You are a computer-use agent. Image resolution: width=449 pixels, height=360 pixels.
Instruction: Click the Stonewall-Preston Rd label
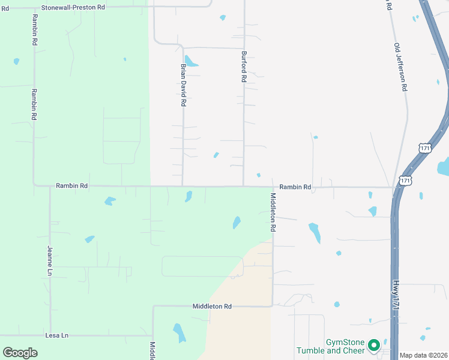coord(73,7)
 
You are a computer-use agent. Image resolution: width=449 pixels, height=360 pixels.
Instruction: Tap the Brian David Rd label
coord(183,85)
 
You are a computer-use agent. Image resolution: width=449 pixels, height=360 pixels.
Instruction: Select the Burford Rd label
coord(244,67)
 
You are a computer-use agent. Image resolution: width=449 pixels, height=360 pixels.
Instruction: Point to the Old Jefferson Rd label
coord(401,67)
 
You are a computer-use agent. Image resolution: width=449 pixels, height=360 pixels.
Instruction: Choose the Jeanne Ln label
coord(50,260)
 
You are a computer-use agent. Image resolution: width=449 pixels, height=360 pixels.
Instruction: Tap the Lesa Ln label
coord(57,335)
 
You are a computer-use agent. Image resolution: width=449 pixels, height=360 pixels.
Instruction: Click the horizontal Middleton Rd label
coord(212,306)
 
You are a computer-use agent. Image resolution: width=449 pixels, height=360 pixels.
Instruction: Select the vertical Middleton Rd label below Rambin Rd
coord(273,212)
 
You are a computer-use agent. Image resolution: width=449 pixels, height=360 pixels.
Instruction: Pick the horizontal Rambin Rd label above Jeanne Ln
coord(71,186)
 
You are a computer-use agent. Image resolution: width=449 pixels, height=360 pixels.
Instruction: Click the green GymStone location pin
coord(374,345)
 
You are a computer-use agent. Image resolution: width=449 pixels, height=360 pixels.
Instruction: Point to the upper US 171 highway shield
coord(425,148)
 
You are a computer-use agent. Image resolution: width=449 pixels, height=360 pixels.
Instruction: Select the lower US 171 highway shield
coord(406,180)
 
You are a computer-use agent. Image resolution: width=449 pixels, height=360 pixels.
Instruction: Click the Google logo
coord(20,353)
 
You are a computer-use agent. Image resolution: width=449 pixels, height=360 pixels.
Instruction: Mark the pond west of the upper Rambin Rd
coord(16,61)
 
